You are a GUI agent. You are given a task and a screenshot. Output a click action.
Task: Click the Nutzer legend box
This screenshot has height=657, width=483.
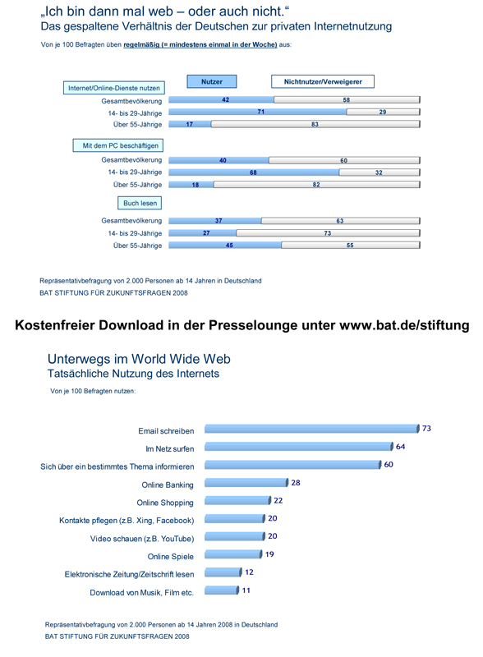tap(212, 81)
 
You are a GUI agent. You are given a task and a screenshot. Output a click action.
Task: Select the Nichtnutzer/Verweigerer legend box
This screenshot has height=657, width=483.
tap(323, 81)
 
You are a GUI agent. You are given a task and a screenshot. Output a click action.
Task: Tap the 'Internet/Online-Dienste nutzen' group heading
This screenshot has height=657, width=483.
tap(114, 88)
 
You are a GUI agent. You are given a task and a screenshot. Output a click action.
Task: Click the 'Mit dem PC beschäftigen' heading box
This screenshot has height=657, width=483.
tap(118, 145)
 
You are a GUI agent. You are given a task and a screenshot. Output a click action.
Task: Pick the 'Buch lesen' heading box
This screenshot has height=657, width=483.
tap(140, 203)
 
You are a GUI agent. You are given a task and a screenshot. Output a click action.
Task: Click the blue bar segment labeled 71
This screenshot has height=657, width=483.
tap(258, 112)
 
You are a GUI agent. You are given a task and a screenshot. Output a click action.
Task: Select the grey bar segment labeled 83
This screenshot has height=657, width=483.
tap(315, 124)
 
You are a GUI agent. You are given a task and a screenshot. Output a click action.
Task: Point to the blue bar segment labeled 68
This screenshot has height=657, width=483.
tap(254, 172)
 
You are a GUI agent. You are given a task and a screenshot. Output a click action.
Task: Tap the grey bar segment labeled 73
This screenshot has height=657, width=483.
tap(328, 233)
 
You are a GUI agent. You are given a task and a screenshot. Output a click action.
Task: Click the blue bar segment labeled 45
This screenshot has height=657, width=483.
tap(225, 245)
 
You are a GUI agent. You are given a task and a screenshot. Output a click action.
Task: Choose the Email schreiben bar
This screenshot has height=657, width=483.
tap(312, 428)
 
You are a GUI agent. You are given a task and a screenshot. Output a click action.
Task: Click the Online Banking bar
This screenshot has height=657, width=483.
tap(246, 482)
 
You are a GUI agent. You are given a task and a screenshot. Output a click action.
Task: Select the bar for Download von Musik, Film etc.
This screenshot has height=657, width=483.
tap(222, 590)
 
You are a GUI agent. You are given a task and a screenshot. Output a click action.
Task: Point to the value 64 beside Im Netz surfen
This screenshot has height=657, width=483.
tap(400, 447)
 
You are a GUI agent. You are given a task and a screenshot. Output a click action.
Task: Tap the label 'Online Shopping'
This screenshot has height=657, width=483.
tap(165, 503)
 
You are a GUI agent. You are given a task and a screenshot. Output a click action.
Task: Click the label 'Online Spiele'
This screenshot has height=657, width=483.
tap(171, 557)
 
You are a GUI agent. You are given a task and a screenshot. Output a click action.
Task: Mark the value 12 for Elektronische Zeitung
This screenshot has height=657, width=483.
tap(250, 572)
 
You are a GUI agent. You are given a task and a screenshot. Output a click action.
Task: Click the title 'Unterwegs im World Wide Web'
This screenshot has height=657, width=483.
tap(139, 359)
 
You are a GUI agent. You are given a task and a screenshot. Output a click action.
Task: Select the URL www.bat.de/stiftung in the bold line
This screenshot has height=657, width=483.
tap(404, 325)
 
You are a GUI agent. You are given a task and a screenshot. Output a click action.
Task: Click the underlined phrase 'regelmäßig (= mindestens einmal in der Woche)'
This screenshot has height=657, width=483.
tap(200, 45)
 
